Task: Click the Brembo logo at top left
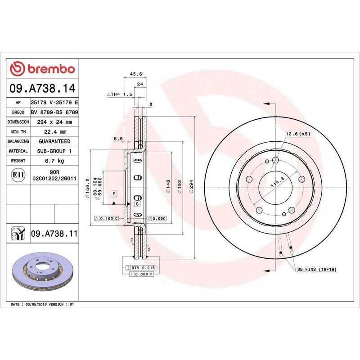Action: pos(42,69)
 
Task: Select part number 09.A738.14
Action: pos(42,88)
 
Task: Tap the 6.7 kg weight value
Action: pos(54,161)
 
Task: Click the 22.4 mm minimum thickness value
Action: pos(54,132)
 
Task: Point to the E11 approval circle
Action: pos(18,175)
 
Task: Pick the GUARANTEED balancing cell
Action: pos(54,141)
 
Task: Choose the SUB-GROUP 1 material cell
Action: pos(54,151)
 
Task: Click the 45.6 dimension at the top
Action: pos(136,74)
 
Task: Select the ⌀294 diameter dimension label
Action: pos(191,186)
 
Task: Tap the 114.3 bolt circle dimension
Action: pos(277,182)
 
